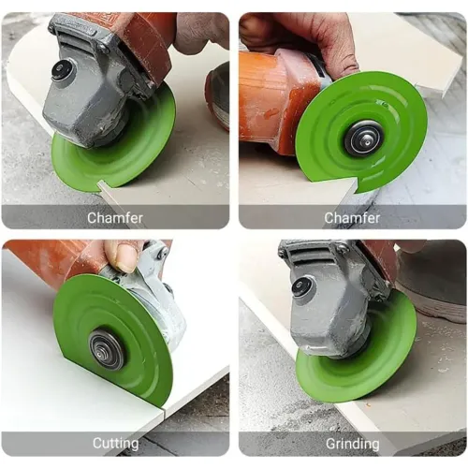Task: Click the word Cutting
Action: click(x=115, y=443)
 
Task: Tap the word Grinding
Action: click(x=352, y=443)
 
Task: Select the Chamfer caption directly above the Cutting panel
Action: click(x=115, y=217)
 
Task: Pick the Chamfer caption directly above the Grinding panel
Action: click(x=352, y=217)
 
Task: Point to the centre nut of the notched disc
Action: click(x=362, y=139)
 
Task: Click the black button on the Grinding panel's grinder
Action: click(x=301, y=287)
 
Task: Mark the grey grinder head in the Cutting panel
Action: click(x=159, y=300)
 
